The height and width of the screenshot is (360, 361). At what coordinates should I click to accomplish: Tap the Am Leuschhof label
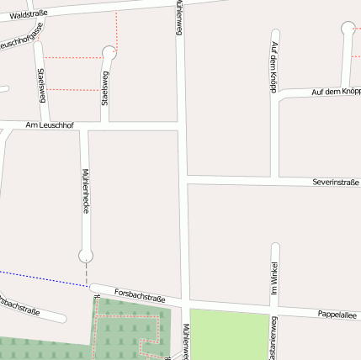click(x=50, y=125)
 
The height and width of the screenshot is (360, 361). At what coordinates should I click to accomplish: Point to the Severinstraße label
click(x=335, y=182)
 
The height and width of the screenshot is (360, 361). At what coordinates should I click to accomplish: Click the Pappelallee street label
click(x=337, y=315)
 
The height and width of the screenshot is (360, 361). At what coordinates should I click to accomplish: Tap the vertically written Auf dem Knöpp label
click(x=274, y=64)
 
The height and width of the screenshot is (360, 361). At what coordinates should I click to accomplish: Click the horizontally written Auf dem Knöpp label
click(x=336, y=91)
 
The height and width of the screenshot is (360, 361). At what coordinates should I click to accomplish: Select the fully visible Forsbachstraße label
click(x=139, y=295)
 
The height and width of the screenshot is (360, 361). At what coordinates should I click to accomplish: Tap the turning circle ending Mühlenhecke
click(x=86, y=254)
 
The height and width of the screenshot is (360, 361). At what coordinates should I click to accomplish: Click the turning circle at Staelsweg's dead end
click(x=109, y=53)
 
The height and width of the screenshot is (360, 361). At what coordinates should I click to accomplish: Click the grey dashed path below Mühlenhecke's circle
click(x=86, y=273)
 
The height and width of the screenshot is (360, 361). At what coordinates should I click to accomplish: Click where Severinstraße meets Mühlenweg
click(x=183, y=179)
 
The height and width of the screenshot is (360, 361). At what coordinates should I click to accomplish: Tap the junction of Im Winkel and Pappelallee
click(x=274, y=308)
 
